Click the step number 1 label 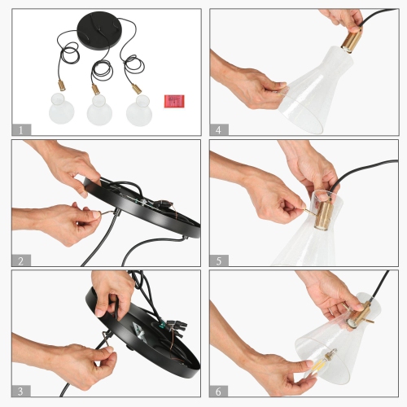point(21,129)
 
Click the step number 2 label point(21,260)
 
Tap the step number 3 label point(21,391)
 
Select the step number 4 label point(219,129)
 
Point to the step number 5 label point(219,260)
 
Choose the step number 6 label point(218,391)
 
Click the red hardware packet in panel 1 point(174,101)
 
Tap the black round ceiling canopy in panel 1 point(98,31)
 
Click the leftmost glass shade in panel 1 point(62,108)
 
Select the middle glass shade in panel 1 point(99,110)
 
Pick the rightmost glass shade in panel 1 point(139,111)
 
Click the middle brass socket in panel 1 point(96,90)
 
